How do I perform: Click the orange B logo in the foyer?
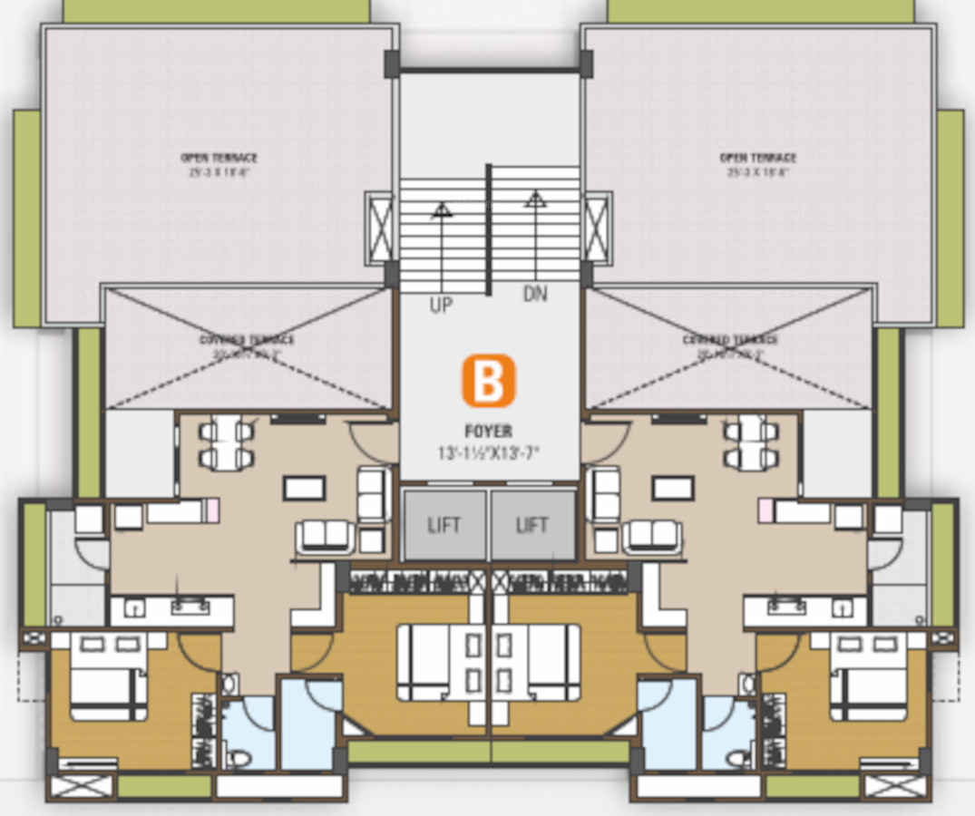point(489,381)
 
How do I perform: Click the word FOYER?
point(489,432)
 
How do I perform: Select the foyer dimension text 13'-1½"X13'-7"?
point(489,452)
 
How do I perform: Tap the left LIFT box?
point(444,525)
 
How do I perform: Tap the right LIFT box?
point(532,525)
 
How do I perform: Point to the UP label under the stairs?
point(441,306)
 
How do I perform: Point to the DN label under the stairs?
point(535,295)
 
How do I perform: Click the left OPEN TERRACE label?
point(219,158)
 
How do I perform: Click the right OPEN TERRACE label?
point(758,158)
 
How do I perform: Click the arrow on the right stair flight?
point(535,197)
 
